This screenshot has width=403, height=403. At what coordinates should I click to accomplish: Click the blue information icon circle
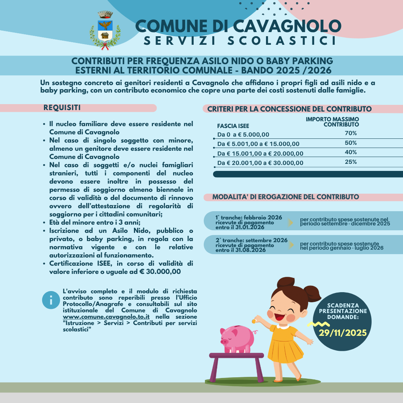pos(51,300)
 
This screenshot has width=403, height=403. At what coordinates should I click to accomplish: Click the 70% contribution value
pos(351,133)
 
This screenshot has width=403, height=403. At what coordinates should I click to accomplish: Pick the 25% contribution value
pos(351,162)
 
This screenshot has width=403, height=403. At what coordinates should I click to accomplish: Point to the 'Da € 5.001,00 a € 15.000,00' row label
pos(258,144)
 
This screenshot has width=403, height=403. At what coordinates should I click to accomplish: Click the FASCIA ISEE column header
pos(233,126)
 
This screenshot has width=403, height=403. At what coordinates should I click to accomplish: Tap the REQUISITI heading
pos(62,108)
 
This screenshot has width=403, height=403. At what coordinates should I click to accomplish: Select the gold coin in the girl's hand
pos(254,320)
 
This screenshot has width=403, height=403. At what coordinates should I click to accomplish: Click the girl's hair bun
pos(312,293)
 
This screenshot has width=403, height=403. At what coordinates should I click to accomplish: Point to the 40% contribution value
pos(351,152)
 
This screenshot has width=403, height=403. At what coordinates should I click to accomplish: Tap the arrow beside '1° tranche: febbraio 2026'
pos(290,223)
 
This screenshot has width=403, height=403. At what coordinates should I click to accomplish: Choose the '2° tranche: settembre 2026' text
pos(252,240)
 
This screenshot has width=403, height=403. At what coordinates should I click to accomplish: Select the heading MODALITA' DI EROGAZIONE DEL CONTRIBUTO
pos(286,197)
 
